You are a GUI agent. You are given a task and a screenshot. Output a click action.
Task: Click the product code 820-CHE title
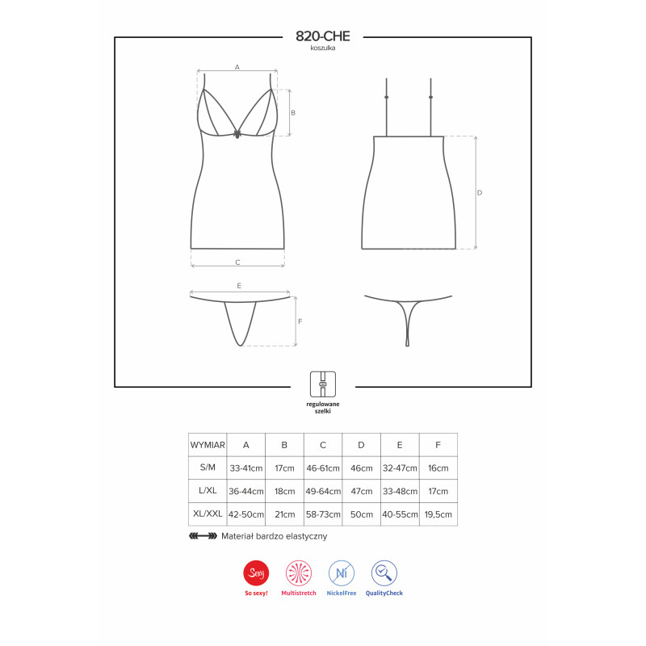coord(322,36)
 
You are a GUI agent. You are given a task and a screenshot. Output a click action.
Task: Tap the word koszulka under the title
coord(322,48)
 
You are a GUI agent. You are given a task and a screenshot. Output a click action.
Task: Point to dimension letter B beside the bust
coord(293,112)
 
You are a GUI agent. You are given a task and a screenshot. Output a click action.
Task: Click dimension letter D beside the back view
coord(479,192)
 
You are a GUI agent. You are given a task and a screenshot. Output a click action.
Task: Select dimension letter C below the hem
coord(237,262)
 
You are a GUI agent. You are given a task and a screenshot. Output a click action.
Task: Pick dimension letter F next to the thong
coord(300,321)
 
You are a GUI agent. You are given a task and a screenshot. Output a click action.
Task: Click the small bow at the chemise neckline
coord(237,134)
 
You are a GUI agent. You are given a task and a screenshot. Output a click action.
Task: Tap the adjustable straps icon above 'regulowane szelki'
coord(322,384)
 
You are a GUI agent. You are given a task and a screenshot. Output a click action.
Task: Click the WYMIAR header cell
coord(208,445)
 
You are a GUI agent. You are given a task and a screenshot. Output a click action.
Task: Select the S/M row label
coord(208,468)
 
